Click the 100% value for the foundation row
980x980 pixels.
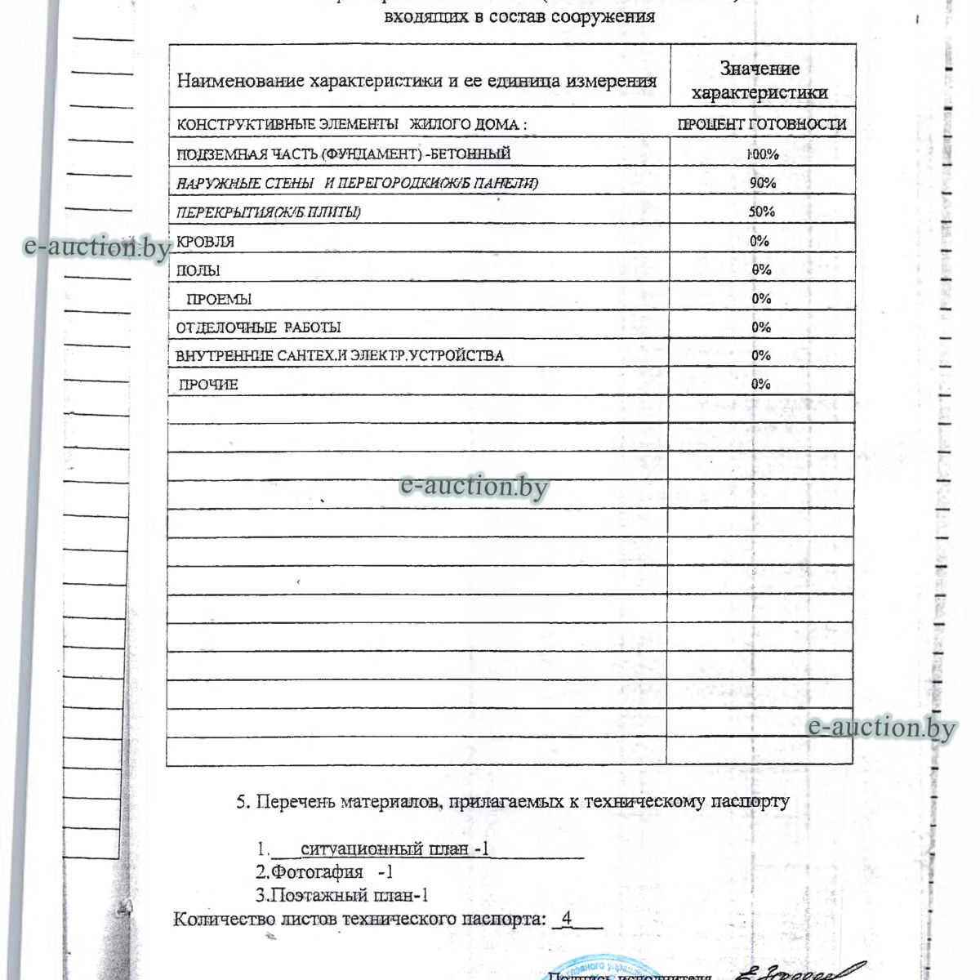tap(762, 154)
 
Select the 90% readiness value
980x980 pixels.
tap(762, 183)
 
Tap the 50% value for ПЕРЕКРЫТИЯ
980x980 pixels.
tap(762, 212)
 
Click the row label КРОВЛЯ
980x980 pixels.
tap(206, 242)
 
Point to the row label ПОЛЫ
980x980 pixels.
tap(198, 270)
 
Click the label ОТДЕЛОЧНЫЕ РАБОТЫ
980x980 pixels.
tap(259, 327)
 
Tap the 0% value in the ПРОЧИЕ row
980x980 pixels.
tap(761, 384)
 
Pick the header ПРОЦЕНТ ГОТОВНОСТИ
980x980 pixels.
tap(762, 125)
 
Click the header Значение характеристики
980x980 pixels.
tap(760, 81)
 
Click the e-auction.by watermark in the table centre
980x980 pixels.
tap(474, 487)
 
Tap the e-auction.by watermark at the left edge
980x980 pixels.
tap(96, 247)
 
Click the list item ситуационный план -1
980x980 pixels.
tap(394, 849)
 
